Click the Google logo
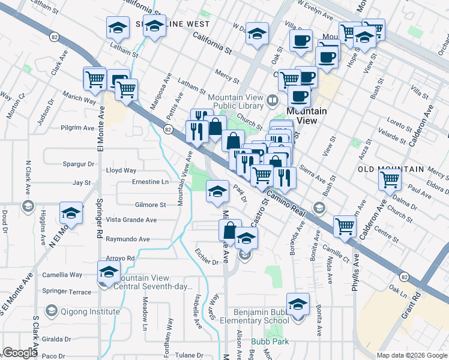[x=20, y=353]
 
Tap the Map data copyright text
[x=411, y=355]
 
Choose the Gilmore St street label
[x=150, y=205]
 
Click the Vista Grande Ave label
[x=131, y=220]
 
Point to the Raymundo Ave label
[x=127, y=239]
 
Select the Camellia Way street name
[x=62, y=275]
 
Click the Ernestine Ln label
[x=150, y=182]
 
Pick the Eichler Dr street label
[x=207, y=262]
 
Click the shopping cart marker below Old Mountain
[x=390, y=178]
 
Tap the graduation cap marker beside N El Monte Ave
[x=71, y=214]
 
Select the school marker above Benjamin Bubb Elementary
[x=297, y=304]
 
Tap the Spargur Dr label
[x=79, y=164]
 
